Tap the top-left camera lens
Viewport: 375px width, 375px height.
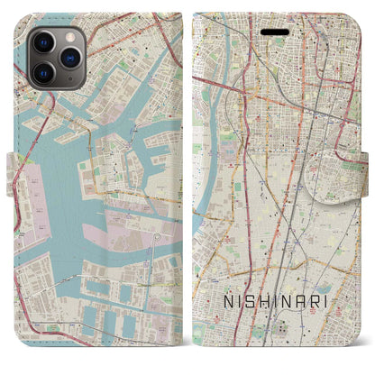pos(41,42)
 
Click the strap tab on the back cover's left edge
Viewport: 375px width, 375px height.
pos(12,166)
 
